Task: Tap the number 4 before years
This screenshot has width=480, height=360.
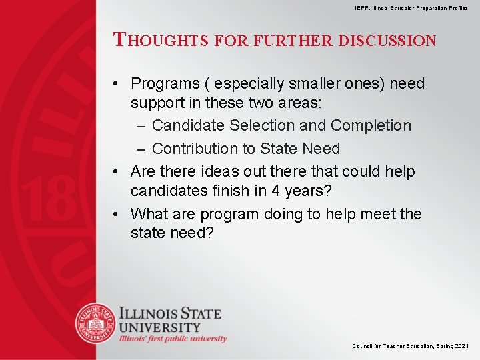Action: point(275,191)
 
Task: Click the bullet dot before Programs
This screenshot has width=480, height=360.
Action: point(117,84)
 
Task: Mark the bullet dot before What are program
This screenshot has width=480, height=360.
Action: point(117,214)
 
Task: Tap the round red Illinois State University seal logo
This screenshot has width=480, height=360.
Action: point(95,323)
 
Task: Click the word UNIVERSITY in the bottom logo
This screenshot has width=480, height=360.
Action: point(160,327)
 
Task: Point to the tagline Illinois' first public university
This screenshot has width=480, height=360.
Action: point(173,339)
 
